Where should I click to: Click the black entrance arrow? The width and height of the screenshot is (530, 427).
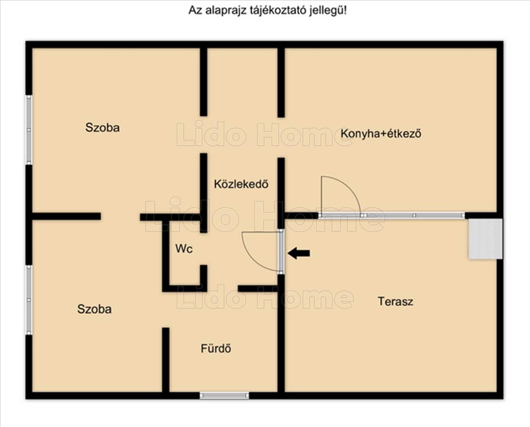299,253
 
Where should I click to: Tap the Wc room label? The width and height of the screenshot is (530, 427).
184,249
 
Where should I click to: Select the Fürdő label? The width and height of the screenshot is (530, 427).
216,349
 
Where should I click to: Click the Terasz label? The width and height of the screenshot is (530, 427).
395,302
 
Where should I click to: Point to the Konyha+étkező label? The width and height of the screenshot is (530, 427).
381,133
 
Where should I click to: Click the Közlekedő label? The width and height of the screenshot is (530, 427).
241,184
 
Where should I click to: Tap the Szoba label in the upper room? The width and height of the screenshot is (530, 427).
102,128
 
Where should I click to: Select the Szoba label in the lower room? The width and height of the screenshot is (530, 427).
94,309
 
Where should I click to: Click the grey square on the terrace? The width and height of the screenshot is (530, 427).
485,239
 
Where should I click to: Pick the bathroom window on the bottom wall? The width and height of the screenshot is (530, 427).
224,395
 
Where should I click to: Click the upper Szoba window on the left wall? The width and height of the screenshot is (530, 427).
29,130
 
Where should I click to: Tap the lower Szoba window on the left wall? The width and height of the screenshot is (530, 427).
29,300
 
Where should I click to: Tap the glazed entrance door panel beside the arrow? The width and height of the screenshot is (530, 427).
280,251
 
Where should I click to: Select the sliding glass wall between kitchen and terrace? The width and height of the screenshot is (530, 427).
391,215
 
